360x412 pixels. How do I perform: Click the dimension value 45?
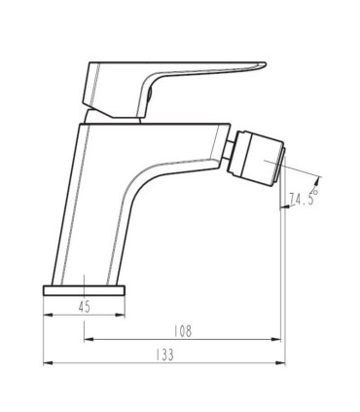(84, 307)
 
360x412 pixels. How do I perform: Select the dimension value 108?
(183, 331)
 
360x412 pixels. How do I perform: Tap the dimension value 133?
(164, 355)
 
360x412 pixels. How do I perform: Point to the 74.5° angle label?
(304, 197)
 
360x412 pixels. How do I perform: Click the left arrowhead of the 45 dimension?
(48, 315)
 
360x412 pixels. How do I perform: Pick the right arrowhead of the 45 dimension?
(120, 315)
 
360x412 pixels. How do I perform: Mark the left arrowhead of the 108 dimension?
(89, 339)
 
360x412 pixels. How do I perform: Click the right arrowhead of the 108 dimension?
(275, 339)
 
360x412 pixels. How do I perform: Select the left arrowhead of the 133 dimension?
(48, 362)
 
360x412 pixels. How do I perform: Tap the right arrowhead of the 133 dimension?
(280, 362)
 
